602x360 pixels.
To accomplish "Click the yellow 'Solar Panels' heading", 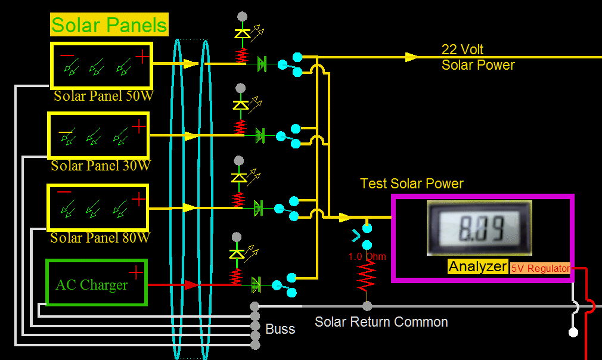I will (x=109, y=25).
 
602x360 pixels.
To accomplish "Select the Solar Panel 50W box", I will (x=102, y=64).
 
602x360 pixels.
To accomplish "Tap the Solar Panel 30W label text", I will (x=101, y=166).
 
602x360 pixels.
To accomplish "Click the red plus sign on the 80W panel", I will (x=138, y=198).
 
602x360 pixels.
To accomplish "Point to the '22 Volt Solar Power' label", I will (x=478, y=57).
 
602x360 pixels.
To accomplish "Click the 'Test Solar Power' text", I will (x=412, y=184).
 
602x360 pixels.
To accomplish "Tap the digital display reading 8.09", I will (x=479, y=228).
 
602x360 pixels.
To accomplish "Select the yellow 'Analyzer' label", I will (x=478, y=266).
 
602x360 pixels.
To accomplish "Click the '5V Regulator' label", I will (x=540, y=268).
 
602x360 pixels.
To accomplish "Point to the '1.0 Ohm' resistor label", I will (x=368, y=257).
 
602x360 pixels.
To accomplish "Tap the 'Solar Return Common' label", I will (x=381, y=322).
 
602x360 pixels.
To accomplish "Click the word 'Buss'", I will (x=280, y=329).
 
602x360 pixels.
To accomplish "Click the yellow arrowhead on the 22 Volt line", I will (x=411, y=57).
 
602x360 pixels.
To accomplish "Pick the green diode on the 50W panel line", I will (x=261, y=63).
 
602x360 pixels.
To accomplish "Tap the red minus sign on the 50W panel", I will (x=67, y=55).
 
